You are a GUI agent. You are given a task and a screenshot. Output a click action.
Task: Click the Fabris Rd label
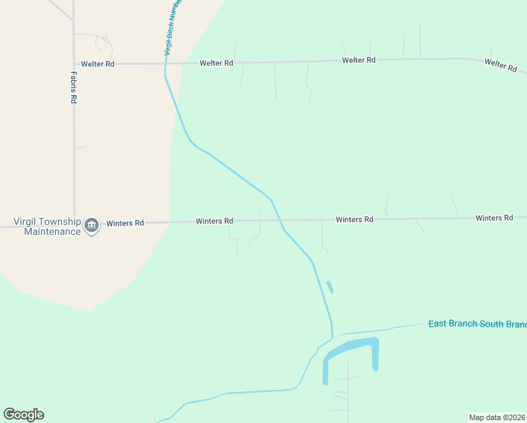[73, 87]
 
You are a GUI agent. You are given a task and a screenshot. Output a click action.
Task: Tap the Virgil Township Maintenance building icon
[91, 226]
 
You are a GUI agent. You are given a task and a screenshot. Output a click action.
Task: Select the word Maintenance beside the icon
[52, 231]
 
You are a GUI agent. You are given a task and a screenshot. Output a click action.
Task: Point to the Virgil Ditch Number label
[173, 28]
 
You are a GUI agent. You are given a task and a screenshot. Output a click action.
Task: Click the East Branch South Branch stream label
[477, 324]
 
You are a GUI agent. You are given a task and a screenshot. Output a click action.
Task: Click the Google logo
[23, 415]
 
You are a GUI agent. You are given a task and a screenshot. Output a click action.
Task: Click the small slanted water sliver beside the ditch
[329, 287]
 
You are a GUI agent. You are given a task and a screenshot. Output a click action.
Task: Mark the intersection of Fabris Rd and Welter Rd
[74, 63]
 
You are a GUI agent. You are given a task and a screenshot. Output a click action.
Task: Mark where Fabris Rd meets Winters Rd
[74, 223]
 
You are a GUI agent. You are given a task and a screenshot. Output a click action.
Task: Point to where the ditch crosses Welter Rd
[166, 63]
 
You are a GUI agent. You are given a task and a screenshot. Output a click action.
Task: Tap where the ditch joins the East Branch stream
[332, 336]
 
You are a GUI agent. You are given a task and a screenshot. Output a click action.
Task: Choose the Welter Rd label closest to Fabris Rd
[98, 64]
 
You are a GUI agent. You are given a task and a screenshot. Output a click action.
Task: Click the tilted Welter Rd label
[500, 66]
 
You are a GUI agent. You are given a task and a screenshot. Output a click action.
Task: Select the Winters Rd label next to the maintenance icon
[125, 223]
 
